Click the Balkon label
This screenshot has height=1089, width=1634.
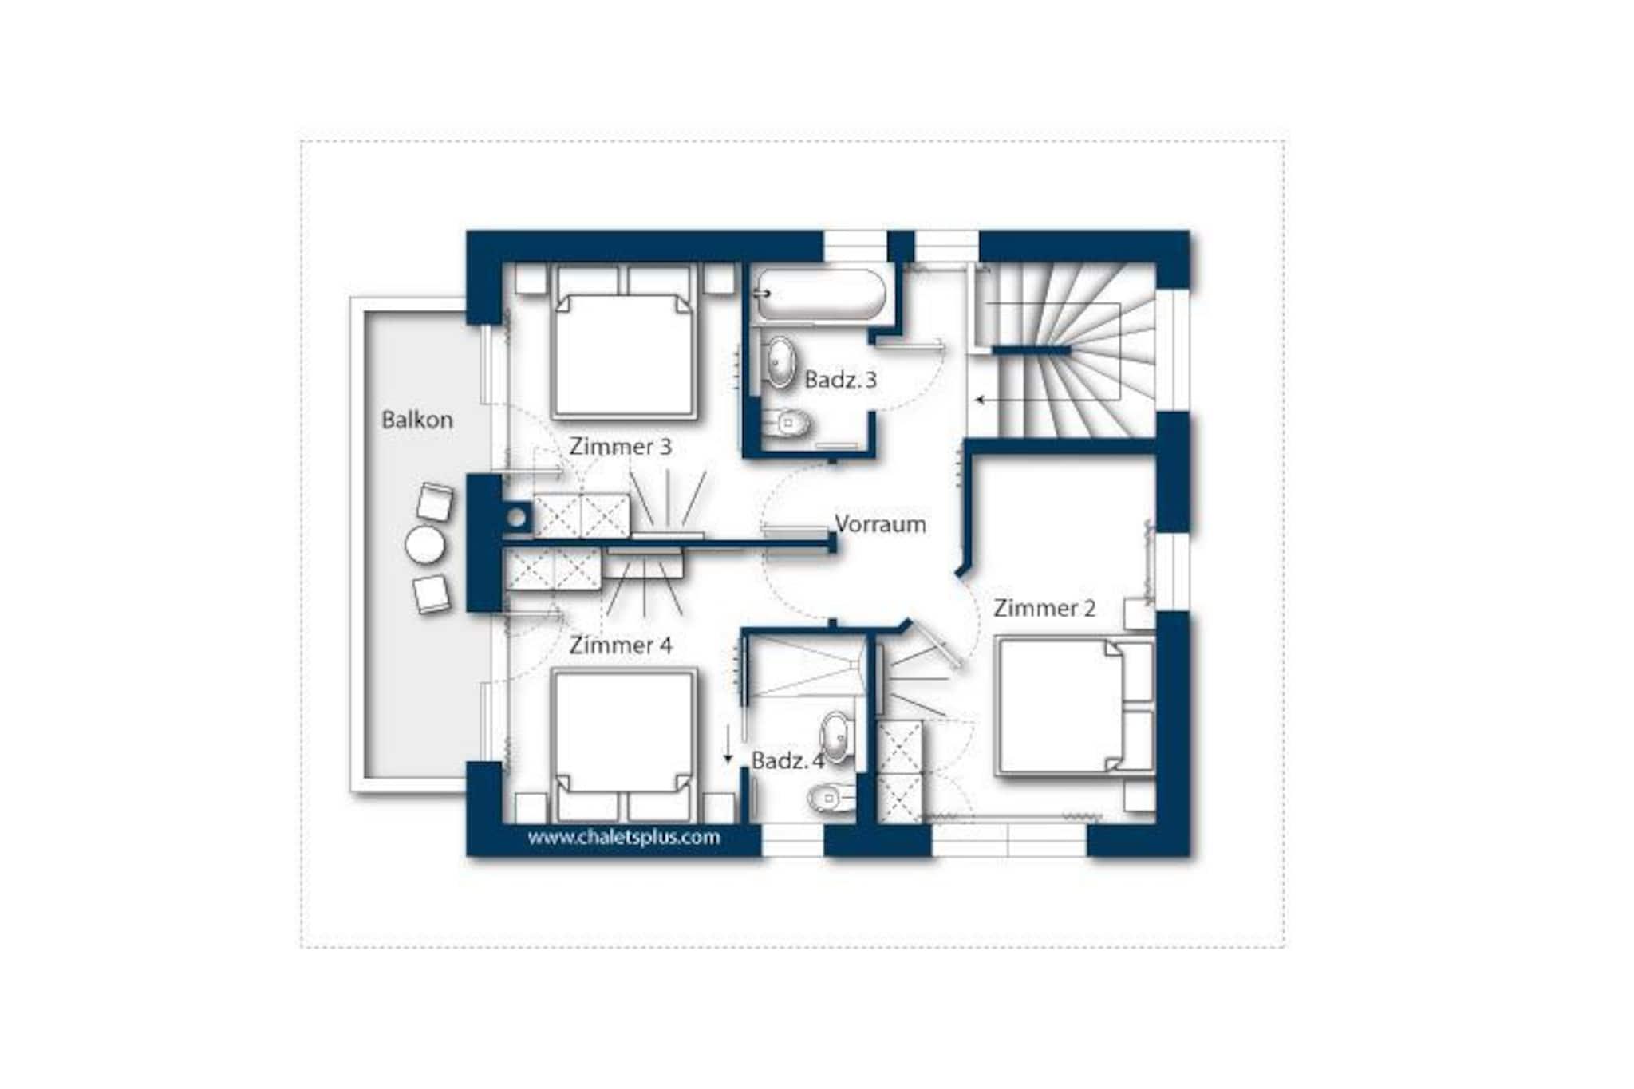coord(416,420)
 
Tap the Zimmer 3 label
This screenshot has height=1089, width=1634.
coord(620,447)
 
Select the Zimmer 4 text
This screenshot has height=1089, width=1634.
coord(620,645)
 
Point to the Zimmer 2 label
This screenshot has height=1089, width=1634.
coord(1044,609)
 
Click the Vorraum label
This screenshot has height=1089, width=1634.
coord(880,524)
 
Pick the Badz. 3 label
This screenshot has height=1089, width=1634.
coord(840,380)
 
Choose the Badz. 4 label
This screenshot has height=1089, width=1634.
coord(787,761)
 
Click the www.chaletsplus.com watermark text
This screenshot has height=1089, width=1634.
coord(624,837)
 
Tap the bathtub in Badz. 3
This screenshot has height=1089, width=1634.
coord(820,294)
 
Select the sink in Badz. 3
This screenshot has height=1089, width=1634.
coord(780,362)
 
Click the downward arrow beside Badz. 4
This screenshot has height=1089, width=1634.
coord(728,745)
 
